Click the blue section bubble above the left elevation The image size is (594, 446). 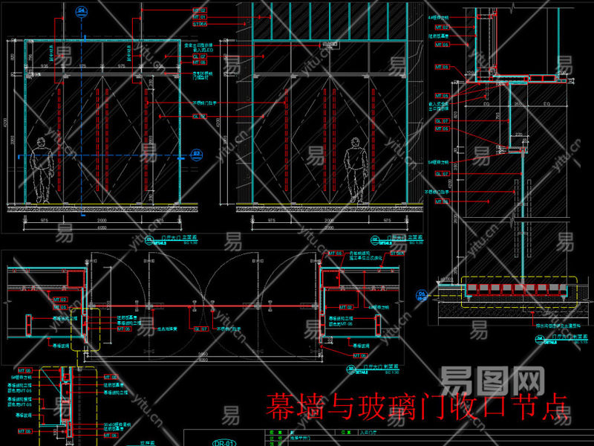81,11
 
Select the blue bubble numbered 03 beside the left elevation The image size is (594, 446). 197,155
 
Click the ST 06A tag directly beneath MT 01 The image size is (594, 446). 200,24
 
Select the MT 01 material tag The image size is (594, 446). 200,16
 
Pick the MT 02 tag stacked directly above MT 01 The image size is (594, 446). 200,10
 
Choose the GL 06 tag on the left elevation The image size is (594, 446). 200,116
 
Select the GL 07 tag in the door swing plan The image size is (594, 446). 200,328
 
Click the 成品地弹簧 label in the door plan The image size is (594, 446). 165,328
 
